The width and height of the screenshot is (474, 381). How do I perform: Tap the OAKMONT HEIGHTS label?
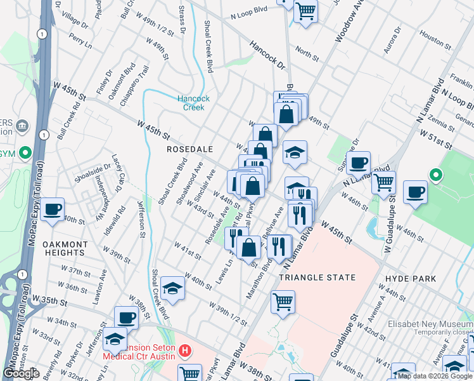[x=65, y=249]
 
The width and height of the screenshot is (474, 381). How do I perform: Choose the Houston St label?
[x=435, y=40]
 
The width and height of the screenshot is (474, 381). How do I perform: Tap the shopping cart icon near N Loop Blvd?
[x=305, y=11]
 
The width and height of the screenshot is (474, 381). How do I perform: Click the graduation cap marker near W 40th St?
[x=172, y=289]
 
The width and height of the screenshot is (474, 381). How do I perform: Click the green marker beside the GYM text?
[x=25, y=153]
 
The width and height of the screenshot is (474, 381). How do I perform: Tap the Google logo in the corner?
[x=21, y=373]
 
